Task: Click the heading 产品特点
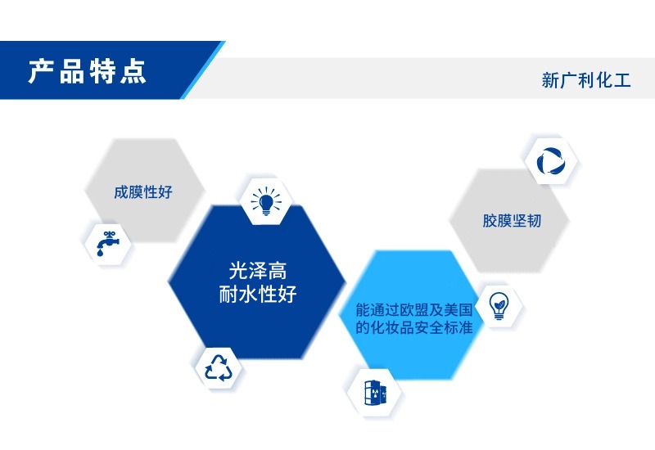click(x=88, y=71)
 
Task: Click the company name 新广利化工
click(x=586, y=80)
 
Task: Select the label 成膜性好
click(x=143, y=192)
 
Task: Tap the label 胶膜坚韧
click(x=512, y=220)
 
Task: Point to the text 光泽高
click(x=258, y=271)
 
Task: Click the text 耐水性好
click(x=258, y=294)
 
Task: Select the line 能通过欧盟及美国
click(x=414, y=310)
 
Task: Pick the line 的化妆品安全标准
click(x=414, y=327)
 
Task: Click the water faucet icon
click(x=108, y=243)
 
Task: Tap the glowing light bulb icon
click(x=266, y=201)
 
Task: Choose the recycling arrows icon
click(x=218, y=367)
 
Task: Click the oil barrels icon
click(x=375, y=393)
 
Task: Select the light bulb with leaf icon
click(x=499, y=305)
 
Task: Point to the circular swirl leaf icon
click(x=551, y=161)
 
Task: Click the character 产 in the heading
click(x=42, y=71)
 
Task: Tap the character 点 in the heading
click(x=133, y=72)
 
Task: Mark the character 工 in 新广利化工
click(x=622, y=80)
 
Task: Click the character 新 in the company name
click(x=550, y=80)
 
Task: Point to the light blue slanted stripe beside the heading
click(x=202, y=70)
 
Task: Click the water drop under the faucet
click(x=100, y=253)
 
